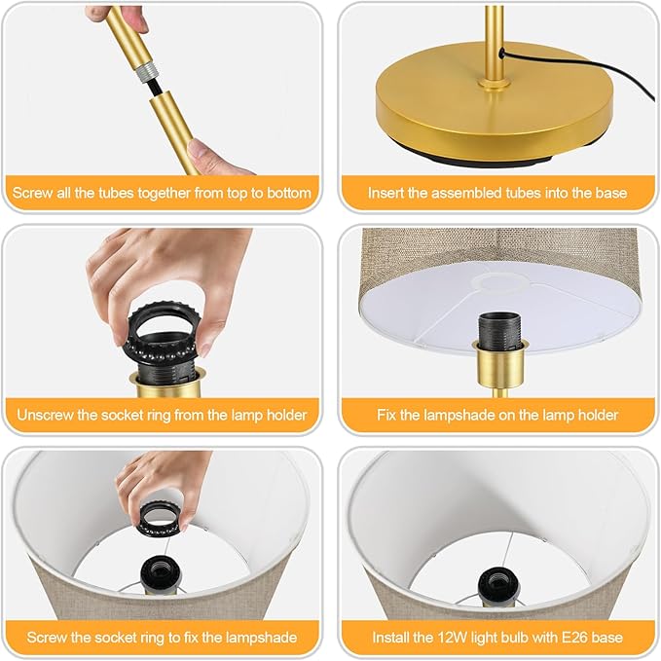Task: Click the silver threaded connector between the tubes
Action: pos(146,71)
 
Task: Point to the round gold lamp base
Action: pos(495,104)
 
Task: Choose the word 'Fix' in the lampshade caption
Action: pos(386,416)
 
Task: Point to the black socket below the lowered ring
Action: pos(162,572)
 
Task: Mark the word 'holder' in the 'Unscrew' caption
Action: pos(286,416)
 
